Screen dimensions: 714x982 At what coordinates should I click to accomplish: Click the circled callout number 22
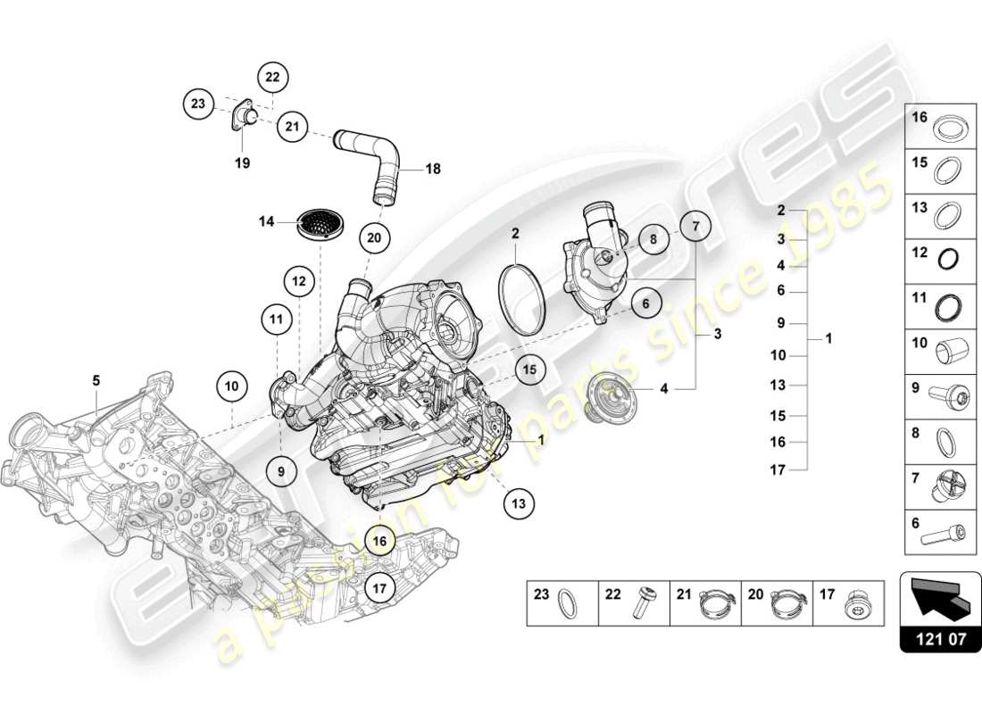pyautogui.click(x=272, y=78)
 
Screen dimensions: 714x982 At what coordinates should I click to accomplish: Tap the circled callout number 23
pyautogui.click(x=198, y=104)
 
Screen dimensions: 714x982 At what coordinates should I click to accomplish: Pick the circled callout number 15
pyautogui.click(x=530, y=369)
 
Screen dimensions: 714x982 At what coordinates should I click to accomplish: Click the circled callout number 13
pyautogui.click(x=518, y=503)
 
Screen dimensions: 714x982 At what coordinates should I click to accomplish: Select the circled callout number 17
pyautogui.click(x=380, y=588)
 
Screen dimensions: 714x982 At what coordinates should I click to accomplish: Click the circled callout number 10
pyautogui.click(x=232, y=387)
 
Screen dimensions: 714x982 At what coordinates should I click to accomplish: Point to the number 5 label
pyautogui.click(x=96, y=379)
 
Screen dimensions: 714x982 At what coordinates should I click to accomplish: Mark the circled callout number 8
pyautogui.click(x=653, y=239)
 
